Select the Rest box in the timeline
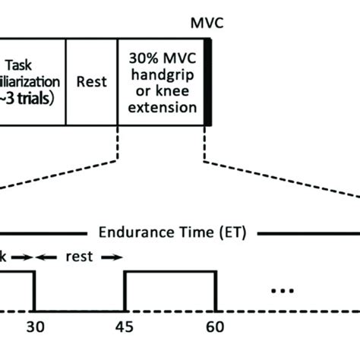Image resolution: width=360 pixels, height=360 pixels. coord(91,80)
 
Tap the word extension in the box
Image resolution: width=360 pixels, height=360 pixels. coord(162,108)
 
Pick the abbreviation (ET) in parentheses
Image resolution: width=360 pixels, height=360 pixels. coord(228,232)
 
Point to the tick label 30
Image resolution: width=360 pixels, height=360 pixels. coord(34,328)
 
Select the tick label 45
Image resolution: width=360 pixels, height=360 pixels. coord(124,328)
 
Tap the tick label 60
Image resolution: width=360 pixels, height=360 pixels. coord(215,328)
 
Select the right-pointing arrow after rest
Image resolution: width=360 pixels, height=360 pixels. coord(111,257)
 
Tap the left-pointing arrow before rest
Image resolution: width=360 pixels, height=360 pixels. coord(47,257)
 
